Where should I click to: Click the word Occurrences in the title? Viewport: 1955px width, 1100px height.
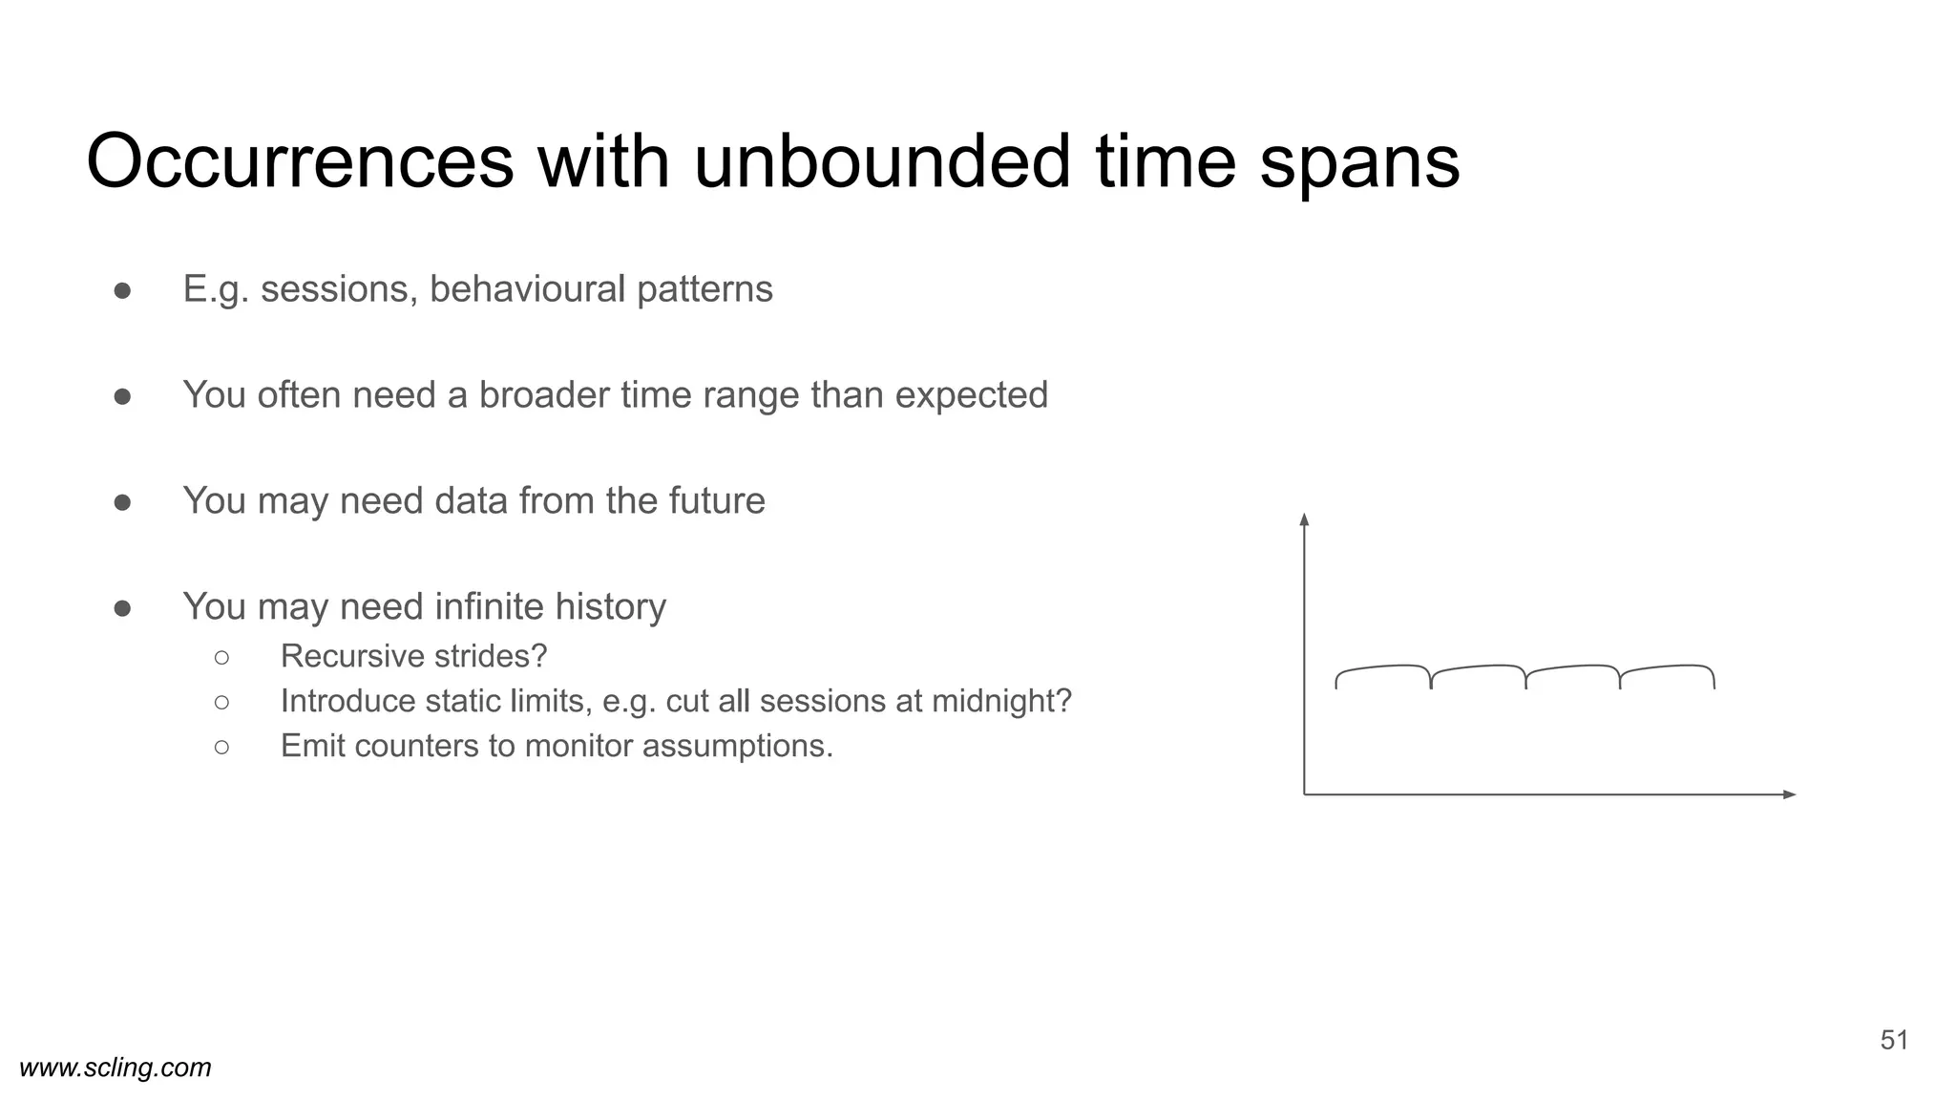(x=300, y=162)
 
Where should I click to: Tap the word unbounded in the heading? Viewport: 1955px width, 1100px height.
(x=882, y=162)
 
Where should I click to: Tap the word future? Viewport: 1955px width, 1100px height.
(x=715, y=501)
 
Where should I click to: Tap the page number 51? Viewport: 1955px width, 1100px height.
(x=1894, y=1041)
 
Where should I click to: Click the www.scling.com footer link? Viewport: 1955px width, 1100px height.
(x=116, y=1068)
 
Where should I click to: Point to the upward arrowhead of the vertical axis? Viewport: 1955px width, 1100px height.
(x=1304, y=519)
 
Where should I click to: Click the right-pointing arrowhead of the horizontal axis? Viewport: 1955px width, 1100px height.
(x=1790, y=794)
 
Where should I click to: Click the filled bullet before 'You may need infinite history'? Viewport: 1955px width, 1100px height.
(x=122, y=608)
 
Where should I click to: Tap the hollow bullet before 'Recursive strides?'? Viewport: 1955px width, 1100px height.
(x=221, y=657)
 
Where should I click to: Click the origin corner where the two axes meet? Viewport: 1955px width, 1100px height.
(x=1305, y=794)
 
